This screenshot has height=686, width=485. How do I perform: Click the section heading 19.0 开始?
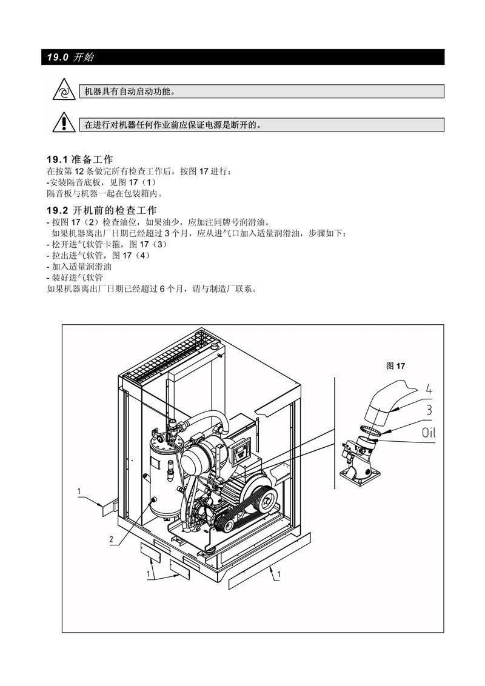(x=70, y=58)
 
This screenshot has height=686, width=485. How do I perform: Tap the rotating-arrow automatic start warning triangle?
(x=64, y=90)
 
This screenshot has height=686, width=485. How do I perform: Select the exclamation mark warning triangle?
(x=64, y=122)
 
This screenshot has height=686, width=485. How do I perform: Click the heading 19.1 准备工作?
(x=79, y=160)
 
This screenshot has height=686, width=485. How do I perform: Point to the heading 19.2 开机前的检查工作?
(x=102, y=210)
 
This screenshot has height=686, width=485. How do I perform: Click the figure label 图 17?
(x=396, y=366)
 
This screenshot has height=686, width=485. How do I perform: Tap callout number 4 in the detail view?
(x=429, y=389)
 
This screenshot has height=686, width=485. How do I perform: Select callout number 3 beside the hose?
(x=429, y=410)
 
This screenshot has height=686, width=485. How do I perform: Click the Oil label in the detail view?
(x=429, y=433)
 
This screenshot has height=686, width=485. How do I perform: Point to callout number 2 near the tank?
(x=112, y=539)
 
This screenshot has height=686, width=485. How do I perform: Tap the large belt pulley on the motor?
(x=263, y=494)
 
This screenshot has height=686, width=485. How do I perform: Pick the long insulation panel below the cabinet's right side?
(x=270, y=561)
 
